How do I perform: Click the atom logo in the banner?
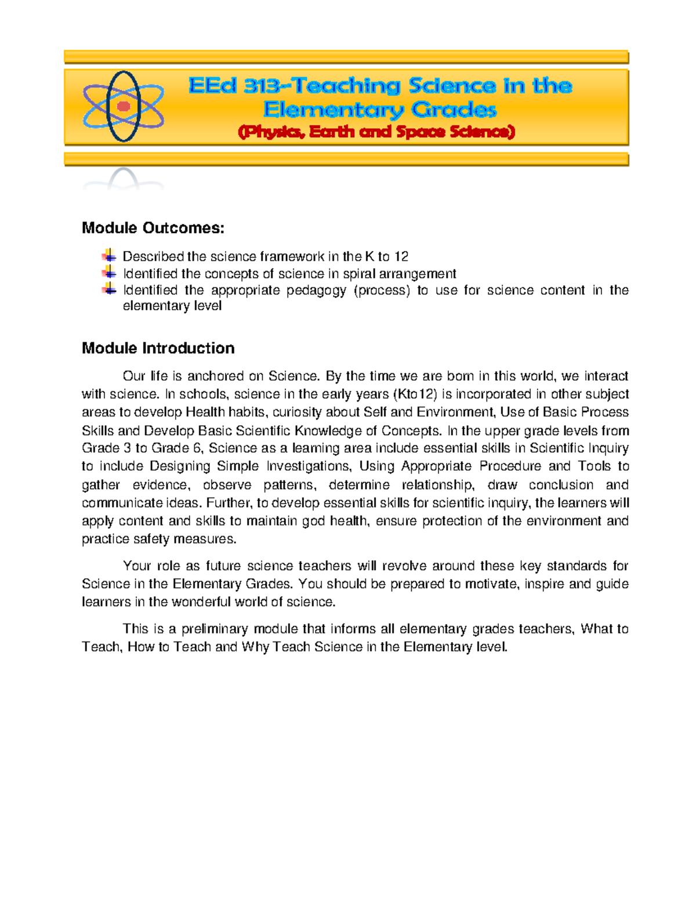click(x=123, y=107)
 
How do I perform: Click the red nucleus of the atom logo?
click(x=123, y=107)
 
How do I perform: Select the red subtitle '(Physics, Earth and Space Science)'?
click(x=376, y=132)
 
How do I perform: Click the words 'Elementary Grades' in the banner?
click(x=380, y=110)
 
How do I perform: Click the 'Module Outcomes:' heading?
click(x=153, y=228)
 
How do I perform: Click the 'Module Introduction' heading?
click(x=158, y=348)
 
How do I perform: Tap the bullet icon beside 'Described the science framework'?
click(x=109, y=256)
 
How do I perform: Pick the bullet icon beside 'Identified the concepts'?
click(x=109, y=272)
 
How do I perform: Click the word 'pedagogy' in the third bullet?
click(x=316, y=290)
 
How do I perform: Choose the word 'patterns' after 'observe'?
click(x=289, y=484)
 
